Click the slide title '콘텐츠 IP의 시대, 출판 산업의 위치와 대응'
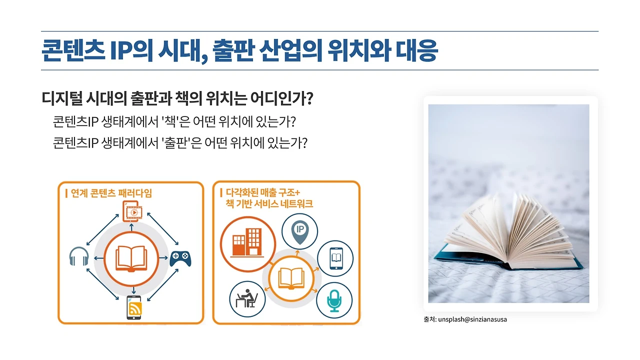(239, 50)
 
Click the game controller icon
(180, 258)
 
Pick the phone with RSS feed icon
(133, 307)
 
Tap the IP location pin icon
(300, 231)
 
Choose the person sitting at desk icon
(247, 299)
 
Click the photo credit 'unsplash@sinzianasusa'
(472, 319)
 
